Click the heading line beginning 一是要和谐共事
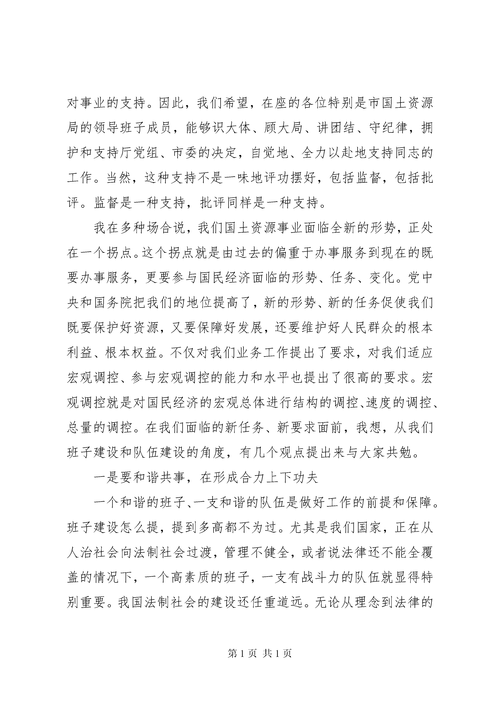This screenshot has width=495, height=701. pyautogui.click(x=206, y=478)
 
